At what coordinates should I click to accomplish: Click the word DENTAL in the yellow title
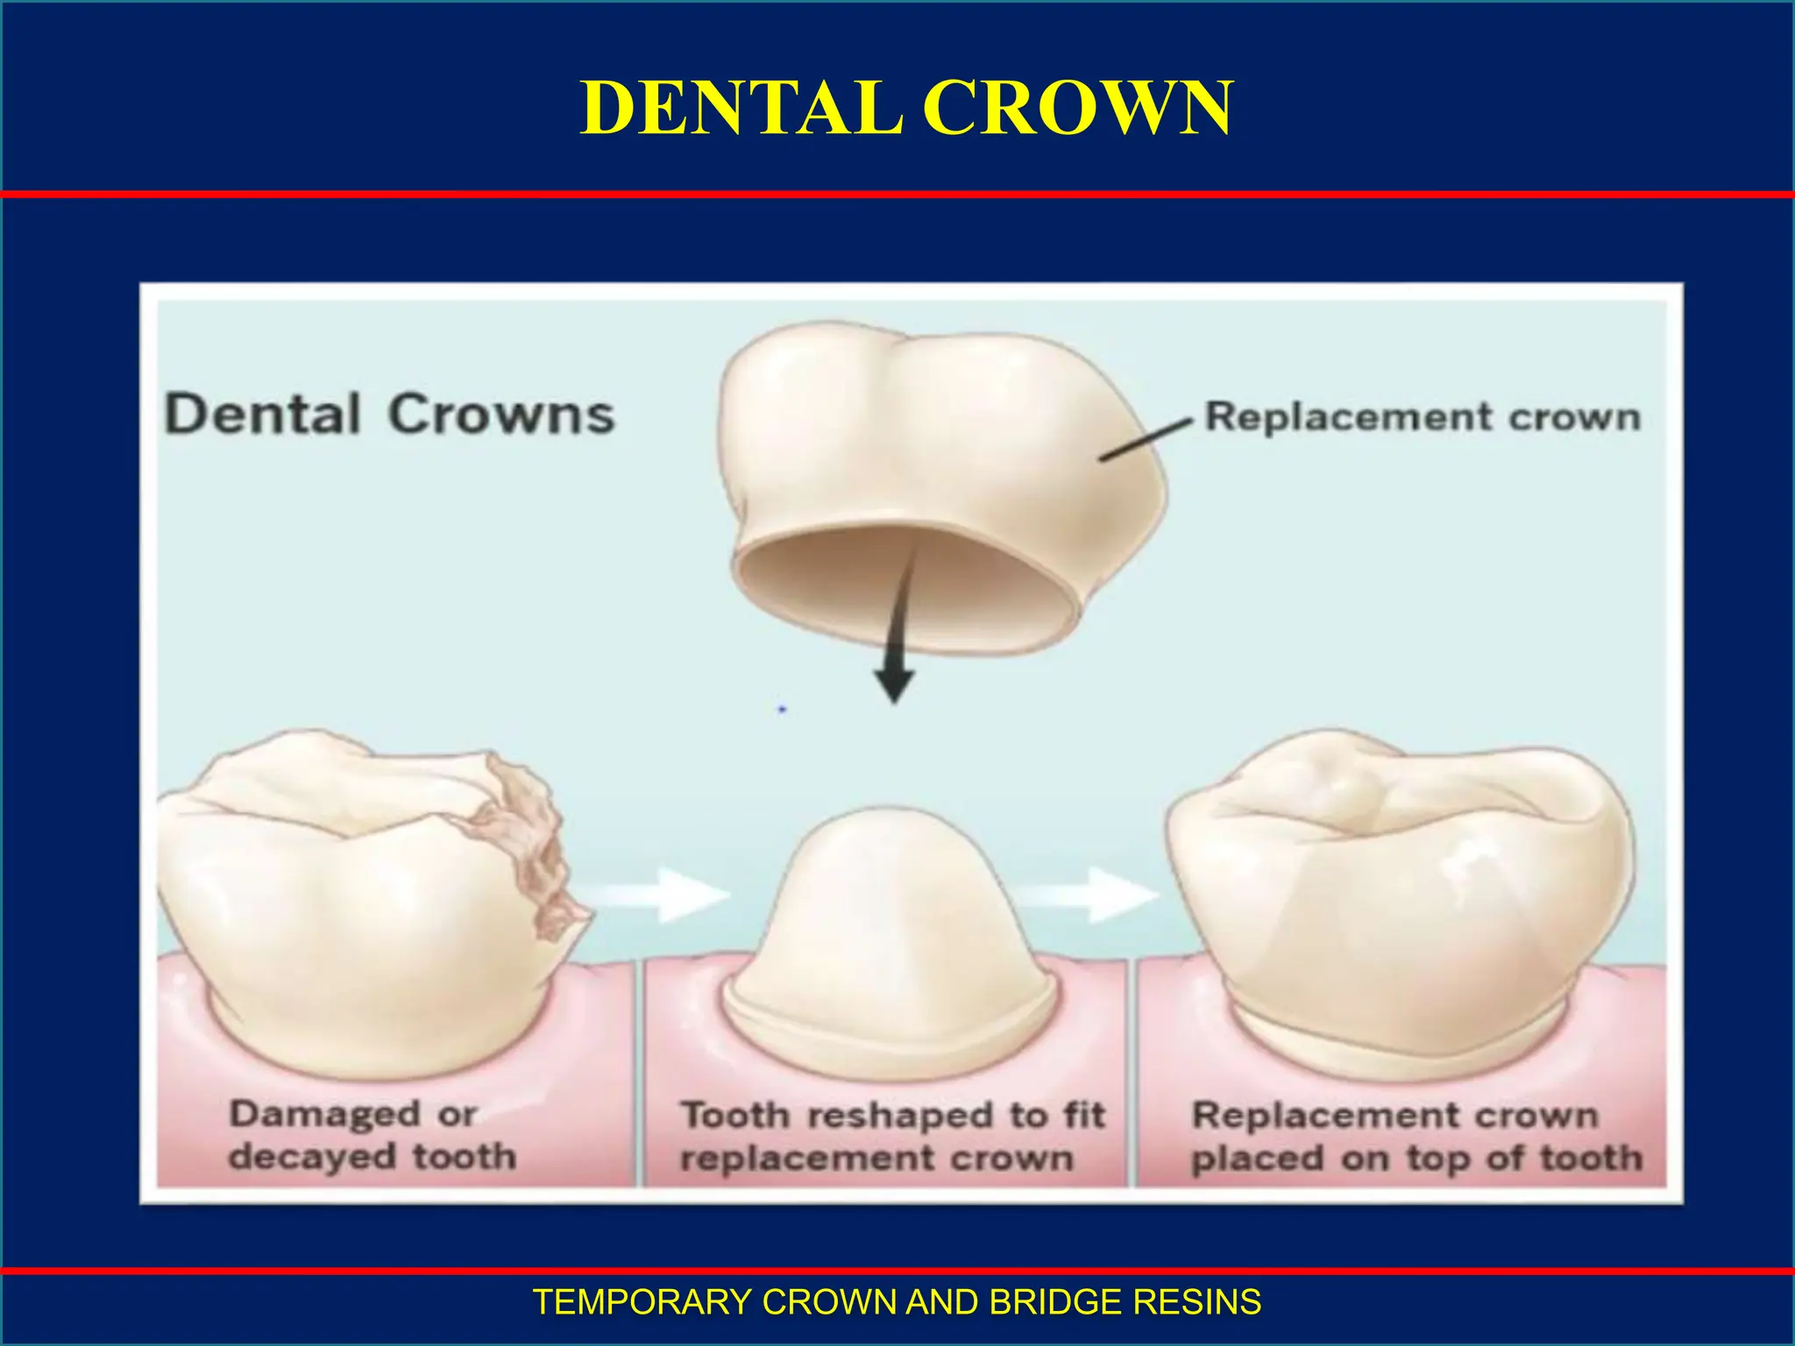(741, 108)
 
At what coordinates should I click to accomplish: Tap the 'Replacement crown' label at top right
(1422, 417)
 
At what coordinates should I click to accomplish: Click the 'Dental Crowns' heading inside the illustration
(390, 414)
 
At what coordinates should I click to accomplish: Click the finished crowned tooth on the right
(1402, 903)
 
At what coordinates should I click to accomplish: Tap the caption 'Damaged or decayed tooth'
(372, 1136)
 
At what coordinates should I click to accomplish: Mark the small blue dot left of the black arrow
(782, 709)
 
